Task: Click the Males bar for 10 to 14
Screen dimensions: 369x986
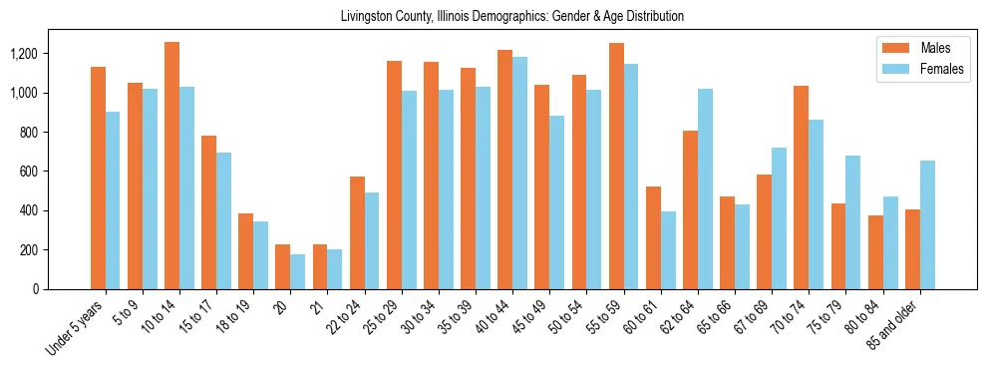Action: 171,166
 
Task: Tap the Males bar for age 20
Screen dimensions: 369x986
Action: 283,266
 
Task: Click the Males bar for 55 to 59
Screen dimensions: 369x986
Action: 616,166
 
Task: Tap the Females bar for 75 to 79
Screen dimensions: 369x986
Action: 853,222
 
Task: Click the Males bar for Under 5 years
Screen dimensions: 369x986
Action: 98,178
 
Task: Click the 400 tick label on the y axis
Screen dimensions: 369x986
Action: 57,210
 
